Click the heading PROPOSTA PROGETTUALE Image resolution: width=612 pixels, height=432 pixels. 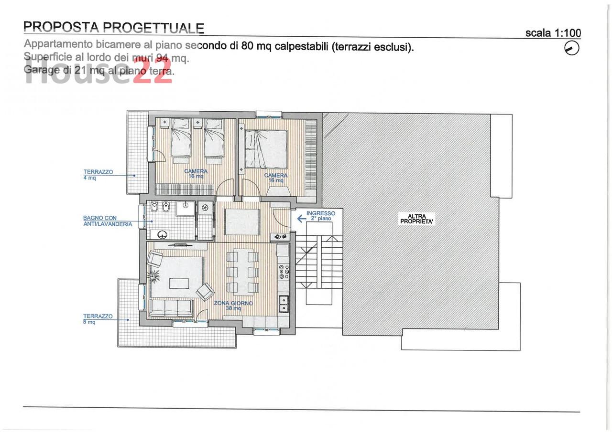coord(114,27)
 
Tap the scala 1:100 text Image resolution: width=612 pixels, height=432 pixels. coord(553,33)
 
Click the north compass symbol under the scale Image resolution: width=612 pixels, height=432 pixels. coord(571,48)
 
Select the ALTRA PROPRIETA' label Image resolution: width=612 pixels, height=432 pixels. coord(416,219)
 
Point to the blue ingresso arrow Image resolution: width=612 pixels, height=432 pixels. coord(301,219)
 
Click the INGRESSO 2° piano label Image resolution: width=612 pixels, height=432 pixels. coord(321,216)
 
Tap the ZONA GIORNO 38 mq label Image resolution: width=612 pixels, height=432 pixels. coord(233,306)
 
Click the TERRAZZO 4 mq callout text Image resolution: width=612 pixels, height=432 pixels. coord(98,175)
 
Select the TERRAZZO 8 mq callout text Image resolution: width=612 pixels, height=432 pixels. coord(98,319)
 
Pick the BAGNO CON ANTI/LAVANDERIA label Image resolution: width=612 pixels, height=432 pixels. coord(108,221)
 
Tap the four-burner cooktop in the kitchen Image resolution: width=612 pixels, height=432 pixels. coord(284,272)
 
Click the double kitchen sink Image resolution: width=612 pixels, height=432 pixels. coord(284,304)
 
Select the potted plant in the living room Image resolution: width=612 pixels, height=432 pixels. coord(153,276)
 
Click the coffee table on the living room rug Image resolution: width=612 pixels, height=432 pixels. coord(179,284)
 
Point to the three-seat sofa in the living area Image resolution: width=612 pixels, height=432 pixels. coord(171,308)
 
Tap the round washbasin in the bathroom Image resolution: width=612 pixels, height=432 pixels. coord(164,234)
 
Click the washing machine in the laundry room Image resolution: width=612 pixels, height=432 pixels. coord(205,208)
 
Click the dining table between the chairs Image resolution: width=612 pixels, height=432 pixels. coord(243,272)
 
